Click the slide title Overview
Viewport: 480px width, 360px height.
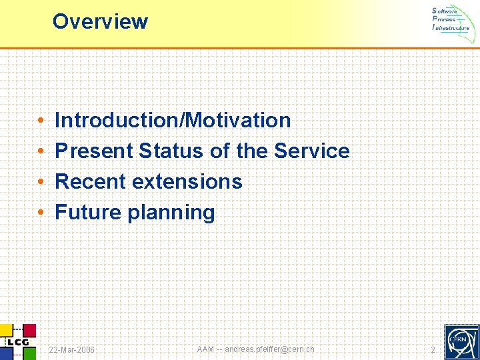(x=100, y=21)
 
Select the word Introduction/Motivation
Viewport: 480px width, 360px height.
(x=173, y=120)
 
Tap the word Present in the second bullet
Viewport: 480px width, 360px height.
(x=94, y=151)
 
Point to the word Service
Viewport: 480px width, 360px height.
(x=311, y=151)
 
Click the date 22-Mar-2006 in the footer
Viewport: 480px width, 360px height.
(x=72, y=350)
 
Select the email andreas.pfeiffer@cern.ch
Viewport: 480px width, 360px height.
(x=269, y=349)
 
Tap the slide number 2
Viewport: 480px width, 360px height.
(x=433, y=350)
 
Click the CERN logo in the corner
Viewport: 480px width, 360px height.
(x=461, y=341)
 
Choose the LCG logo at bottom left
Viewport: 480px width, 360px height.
(x=17, y=341)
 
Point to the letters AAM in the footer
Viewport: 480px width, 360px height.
(x=206, y=349)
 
